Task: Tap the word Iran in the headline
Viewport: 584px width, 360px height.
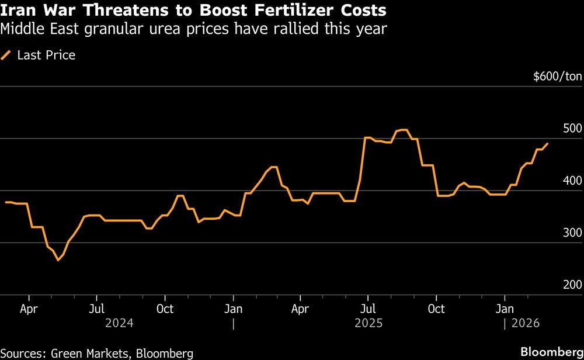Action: [x=18, y=11]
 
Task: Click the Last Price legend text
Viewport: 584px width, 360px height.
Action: [x=46, y=56]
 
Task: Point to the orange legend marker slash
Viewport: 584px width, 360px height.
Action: [x=7, y=56]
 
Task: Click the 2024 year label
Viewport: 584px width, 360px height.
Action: [x=119, y=323]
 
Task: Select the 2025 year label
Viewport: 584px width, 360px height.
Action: [x=368, y=323]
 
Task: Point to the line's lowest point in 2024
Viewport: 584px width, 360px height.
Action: [x=58, y=260]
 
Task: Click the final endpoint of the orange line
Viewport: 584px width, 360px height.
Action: [x=547, y=144]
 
